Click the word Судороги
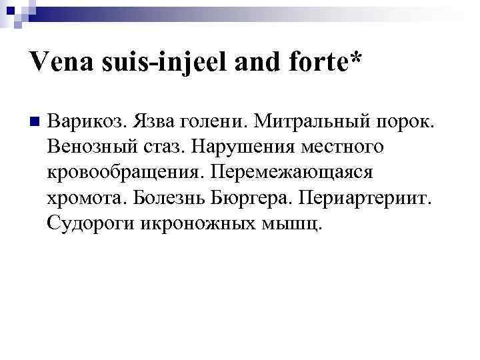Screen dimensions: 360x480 91,222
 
